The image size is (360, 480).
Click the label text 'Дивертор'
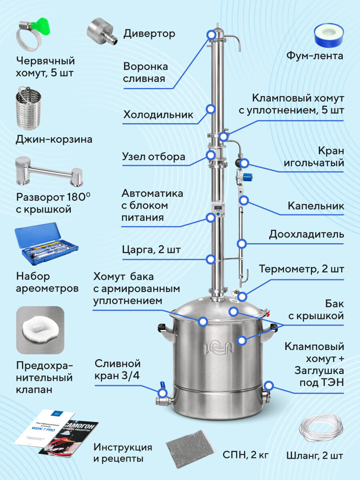pos(149,34)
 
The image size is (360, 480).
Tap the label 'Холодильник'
pos(158,115)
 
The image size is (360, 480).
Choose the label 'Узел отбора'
pos(154,156)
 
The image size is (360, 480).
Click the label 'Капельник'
pos(316,206)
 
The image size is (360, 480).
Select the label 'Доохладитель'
pos(306,234)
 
